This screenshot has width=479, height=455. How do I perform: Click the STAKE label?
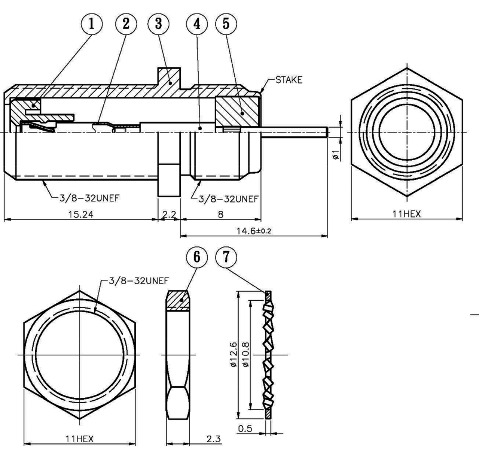tap(289, 80)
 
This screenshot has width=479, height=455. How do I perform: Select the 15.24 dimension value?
tap(80, 214)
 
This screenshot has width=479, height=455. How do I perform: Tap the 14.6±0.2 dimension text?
tap(254, 231)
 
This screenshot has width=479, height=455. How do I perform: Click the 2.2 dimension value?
tap(169, 214)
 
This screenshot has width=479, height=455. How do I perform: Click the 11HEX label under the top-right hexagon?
tap(406, 214)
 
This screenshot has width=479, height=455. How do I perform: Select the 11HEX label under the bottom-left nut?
tap(80, 439)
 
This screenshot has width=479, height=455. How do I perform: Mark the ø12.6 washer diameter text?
tap(233, 354)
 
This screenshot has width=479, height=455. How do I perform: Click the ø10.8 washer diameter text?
tap(246, 354)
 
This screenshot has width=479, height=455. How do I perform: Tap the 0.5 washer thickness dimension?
tap(245, 428)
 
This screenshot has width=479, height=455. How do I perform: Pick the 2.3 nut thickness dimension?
tap(213, 439)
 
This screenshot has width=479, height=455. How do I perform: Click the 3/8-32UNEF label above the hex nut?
tap(138, 280)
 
